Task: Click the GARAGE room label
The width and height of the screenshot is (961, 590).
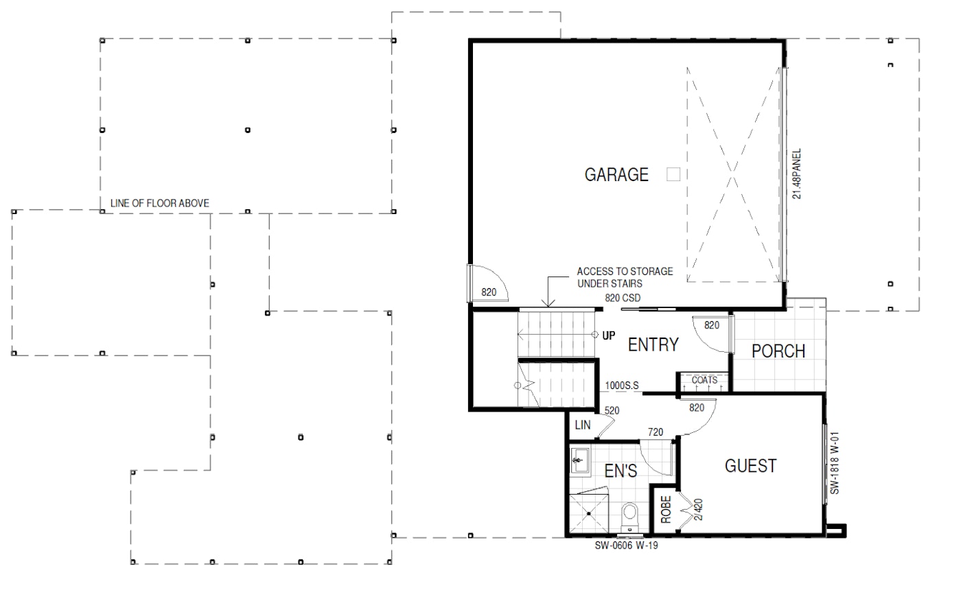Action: pyautogui.click(x=616, y=174)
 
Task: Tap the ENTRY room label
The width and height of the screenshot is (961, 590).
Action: pyautogui.click(x=653, y=344)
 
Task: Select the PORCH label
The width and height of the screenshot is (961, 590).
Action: pyautogui.click(x=778, y=351)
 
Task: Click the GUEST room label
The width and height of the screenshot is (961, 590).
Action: pyautogui.click(x=750, y=466)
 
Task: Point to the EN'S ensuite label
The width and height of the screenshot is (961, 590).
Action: pyautogui.click(x=621, y=471)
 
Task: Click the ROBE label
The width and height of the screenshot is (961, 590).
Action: pyautogui.click(x=665, y=509)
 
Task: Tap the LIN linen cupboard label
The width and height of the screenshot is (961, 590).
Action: pyautogui.click(x=583, y=425)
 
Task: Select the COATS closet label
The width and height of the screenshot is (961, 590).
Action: pyautogui.click(x=704, y=380)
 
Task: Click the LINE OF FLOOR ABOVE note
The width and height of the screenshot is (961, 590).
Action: pyautogui.click(x=159, y=203)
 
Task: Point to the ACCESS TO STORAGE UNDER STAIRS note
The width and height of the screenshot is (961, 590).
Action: pyautogui.click(x=625, y=277)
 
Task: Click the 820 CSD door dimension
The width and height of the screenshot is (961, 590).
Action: pyautogui.click(x=623, y=298)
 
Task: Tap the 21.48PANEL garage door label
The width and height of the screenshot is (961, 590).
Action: pyautogui.click(x=797, y=174)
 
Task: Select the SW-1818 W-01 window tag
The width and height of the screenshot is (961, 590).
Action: pyautogui.click(x=835, y=463)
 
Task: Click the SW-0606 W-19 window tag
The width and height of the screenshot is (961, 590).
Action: pyautogui.click(x=626, y=545)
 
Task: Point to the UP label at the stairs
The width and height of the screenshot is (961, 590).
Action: pyautogui.click(x=609, y=335)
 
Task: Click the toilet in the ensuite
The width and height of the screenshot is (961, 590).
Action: pyautogui.click(x=629, y=517)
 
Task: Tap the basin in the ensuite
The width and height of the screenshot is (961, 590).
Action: pyautogui.click(x=579, y=460)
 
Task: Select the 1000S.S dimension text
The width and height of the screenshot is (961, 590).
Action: pyautogui.click(x=622, y=386)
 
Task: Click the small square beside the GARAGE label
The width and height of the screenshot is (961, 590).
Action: pyautogui.click(x=673, y=174)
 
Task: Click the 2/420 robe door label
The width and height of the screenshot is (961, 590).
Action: pyautogui.click(x=698, y=509)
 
